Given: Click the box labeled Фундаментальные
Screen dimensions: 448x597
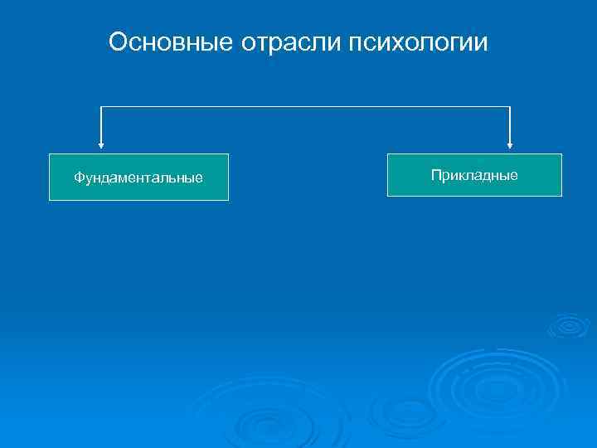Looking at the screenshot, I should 138,177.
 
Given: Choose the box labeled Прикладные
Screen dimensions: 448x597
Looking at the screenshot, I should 474,174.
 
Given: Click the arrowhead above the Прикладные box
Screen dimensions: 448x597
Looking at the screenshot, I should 510,147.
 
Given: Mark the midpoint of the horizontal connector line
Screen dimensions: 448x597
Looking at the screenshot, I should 305,107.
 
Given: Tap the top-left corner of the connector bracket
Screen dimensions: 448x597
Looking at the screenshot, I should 101,107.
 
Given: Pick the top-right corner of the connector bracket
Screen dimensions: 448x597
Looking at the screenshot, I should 510,107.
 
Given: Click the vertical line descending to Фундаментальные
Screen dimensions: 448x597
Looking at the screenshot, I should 101,126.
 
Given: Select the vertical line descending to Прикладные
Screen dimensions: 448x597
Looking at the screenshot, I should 510,126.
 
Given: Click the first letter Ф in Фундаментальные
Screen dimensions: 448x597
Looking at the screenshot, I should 79,178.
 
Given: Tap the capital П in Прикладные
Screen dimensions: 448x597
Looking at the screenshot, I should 435,174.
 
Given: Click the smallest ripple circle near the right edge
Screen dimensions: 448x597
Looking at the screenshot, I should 569,324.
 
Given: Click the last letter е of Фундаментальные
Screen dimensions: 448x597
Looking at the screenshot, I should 199,178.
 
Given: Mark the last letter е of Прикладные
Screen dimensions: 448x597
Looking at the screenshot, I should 514,174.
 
